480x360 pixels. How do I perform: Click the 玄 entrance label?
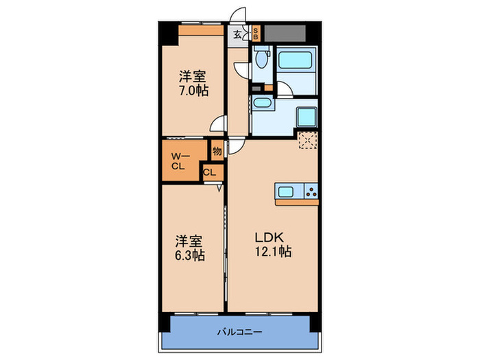coord(237,34)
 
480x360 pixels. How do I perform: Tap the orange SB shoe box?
coord(256,34)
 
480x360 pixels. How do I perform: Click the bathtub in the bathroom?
coord(295,60)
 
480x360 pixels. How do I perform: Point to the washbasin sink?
coord(263,103)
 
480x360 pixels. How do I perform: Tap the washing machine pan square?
coord(307,117)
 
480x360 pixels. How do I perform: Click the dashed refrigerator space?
coord(308,140)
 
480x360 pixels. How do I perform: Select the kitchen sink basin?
coord(286,192)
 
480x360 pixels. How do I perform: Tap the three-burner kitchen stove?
coord(311,191)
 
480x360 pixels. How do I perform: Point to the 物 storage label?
coord(217,151)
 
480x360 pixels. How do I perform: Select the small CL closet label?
coord(209,173)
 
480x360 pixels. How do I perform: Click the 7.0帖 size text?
coord(193,91)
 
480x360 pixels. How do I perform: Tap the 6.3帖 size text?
coord(190,255)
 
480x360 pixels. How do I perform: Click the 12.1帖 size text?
coord(273,252)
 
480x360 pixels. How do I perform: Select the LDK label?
coord(269,237)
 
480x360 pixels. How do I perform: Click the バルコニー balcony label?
coord(240,332)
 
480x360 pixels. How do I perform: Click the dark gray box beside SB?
coord(285,34)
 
